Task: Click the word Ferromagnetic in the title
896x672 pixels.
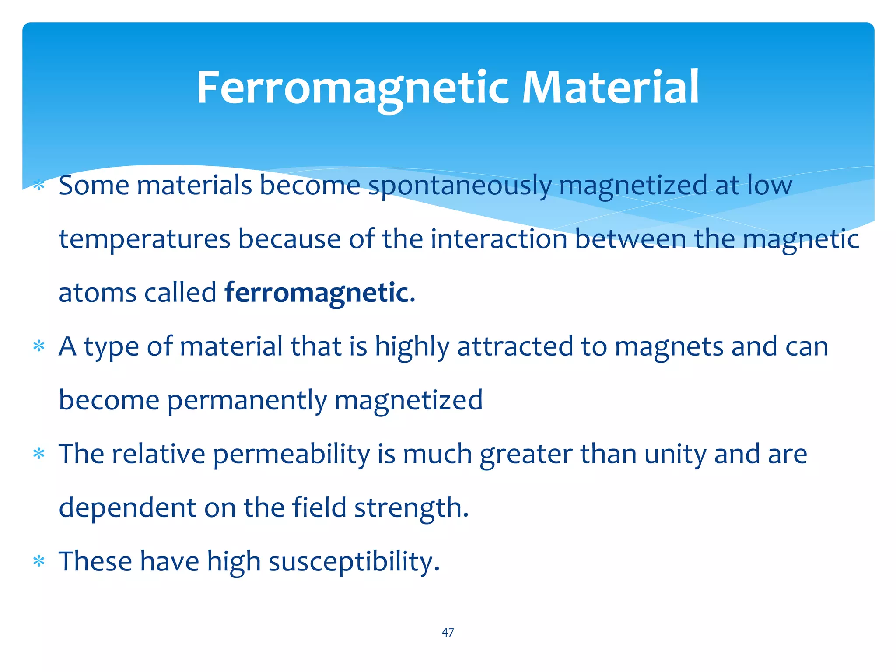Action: tap(353, 88)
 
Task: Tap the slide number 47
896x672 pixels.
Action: tap(448, 632)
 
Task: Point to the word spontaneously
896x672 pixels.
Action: tap(459, 186)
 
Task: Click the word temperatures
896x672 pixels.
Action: tap(145, 239)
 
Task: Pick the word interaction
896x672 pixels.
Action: tap(498, 239)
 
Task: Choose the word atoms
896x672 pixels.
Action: tap(98, 293)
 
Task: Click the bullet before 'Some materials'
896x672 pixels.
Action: tap(39, 185)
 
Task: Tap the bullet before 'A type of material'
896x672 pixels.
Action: tap(39, 346)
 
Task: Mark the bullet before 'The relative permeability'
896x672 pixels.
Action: tap(39, 454)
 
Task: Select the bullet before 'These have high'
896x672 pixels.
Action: tap(39, 561)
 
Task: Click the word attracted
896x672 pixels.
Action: tap(515, 346)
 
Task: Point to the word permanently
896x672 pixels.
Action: tap(247, 400)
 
